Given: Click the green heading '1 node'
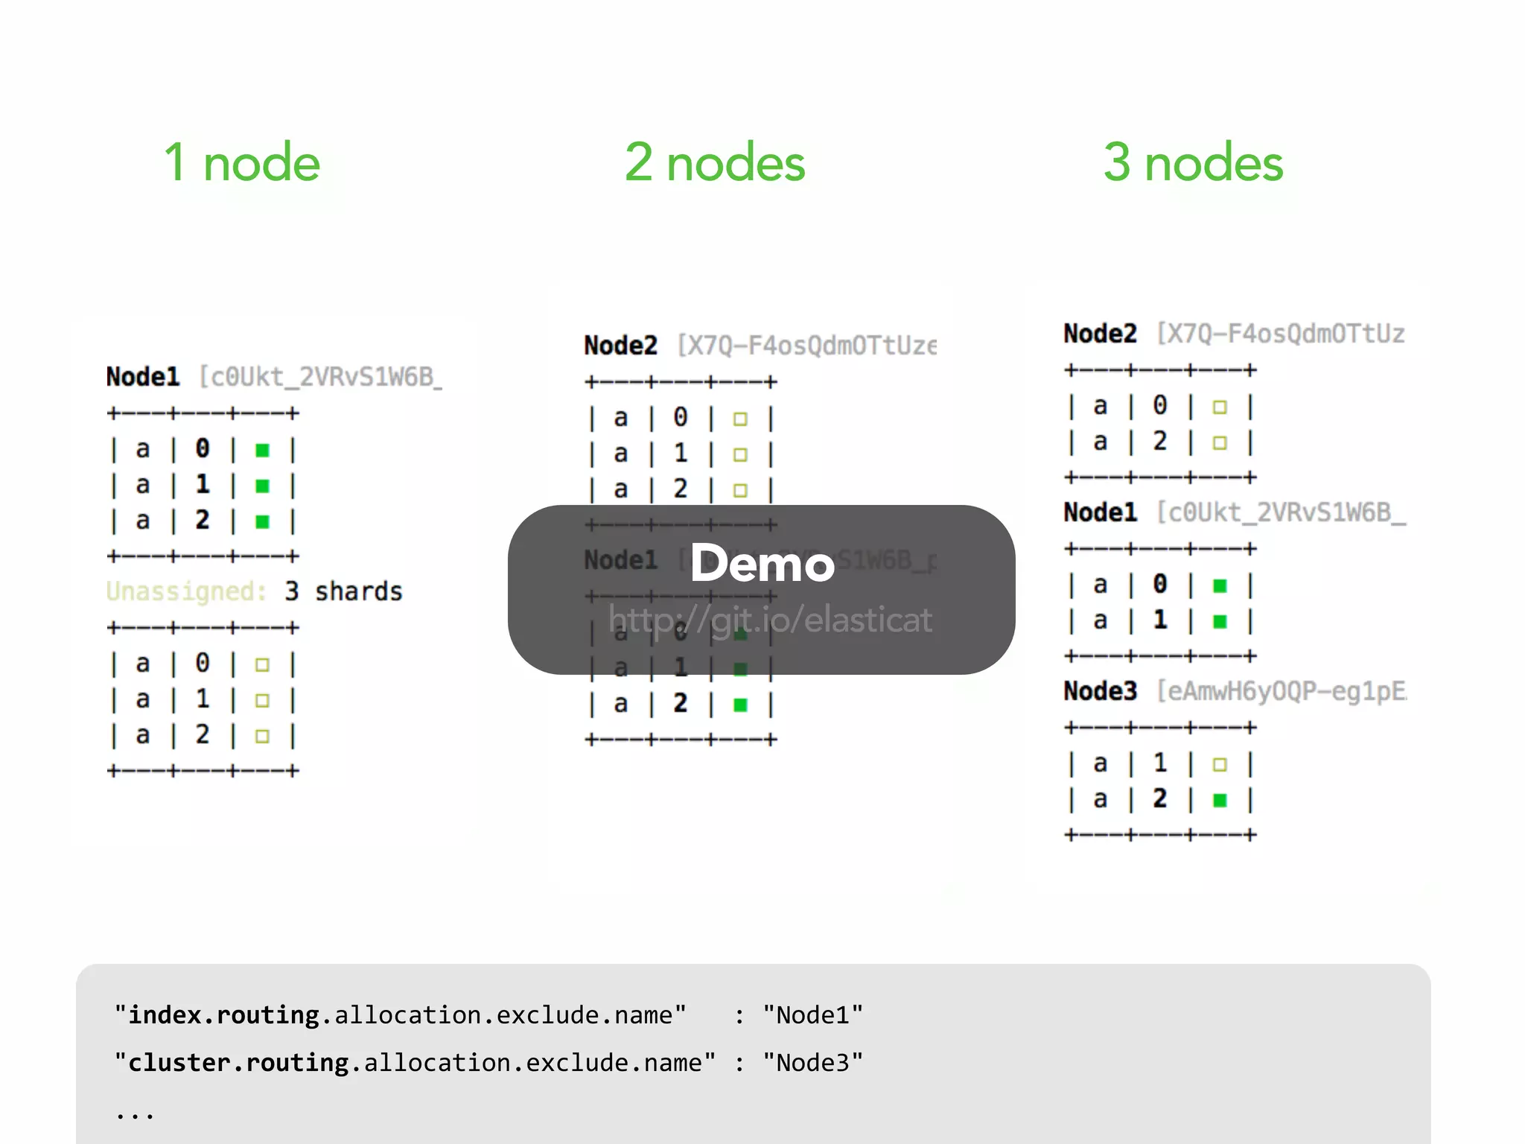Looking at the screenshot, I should (242, 163).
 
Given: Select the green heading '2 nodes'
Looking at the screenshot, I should (715, 163).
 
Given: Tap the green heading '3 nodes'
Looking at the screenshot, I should (1193, 163).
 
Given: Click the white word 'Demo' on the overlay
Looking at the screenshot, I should (762, 564).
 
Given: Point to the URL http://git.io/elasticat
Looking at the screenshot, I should (770, 620).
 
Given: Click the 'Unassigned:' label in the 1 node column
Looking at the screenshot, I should (186, 591).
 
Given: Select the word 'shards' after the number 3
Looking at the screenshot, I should (358, 591).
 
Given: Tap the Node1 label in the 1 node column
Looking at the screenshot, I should (143, 377).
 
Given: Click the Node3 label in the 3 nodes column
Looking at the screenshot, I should (1100, 691).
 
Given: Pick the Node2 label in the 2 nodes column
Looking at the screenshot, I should (620, 346).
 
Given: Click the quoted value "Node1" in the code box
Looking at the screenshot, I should (812, 1015).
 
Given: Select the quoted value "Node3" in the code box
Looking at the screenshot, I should (812, 1063).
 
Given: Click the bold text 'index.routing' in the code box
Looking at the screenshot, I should (223, 1015).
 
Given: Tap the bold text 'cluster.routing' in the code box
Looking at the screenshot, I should (238, 1063).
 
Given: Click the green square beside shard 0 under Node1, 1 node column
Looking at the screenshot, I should (262, 450).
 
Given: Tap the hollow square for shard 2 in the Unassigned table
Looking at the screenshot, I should (262, 736).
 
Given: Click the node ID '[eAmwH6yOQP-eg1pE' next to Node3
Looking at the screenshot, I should (1281, 691).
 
